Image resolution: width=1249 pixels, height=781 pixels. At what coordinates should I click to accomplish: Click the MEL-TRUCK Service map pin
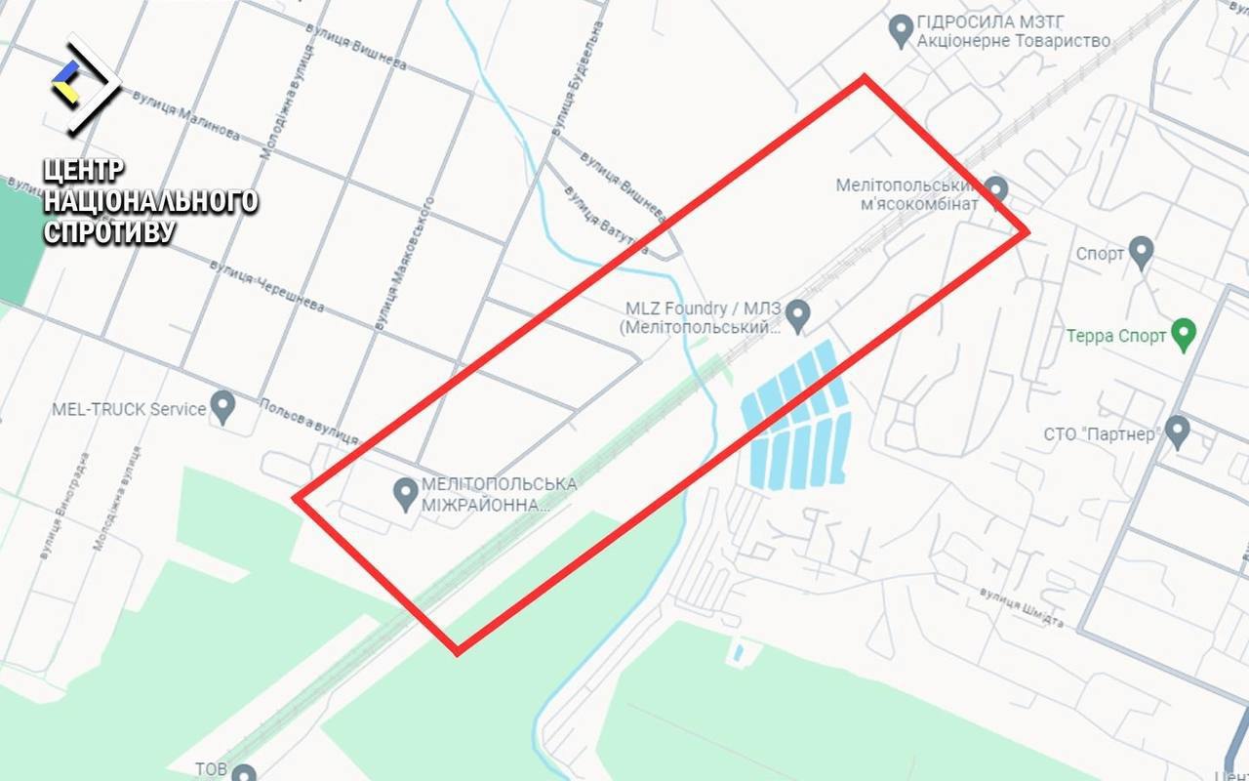223,406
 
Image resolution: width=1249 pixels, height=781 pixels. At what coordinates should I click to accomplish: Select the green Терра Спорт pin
1184,335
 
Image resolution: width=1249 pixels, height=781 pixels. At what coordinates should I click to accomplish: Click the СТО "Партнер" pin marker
1178,432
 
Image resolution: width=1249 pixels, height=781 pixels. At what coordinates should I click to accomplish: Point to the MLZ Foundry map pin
799,314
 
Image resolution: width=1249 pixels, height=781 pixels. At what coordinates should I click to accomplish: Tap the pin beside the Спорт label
1141,253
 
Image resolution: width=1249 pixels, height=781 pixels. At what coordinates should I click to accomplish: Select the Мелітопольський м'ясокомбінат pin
995,189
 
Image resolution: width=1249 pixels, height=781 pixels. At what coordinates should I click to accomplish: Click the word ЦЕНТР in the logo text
84,170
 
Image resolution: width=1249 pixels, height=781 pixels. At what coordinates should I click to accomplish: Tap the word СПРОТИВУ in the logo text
109,231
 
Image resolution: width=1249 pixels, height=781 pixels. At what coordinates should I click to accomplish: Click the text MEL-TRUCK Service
129,408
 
